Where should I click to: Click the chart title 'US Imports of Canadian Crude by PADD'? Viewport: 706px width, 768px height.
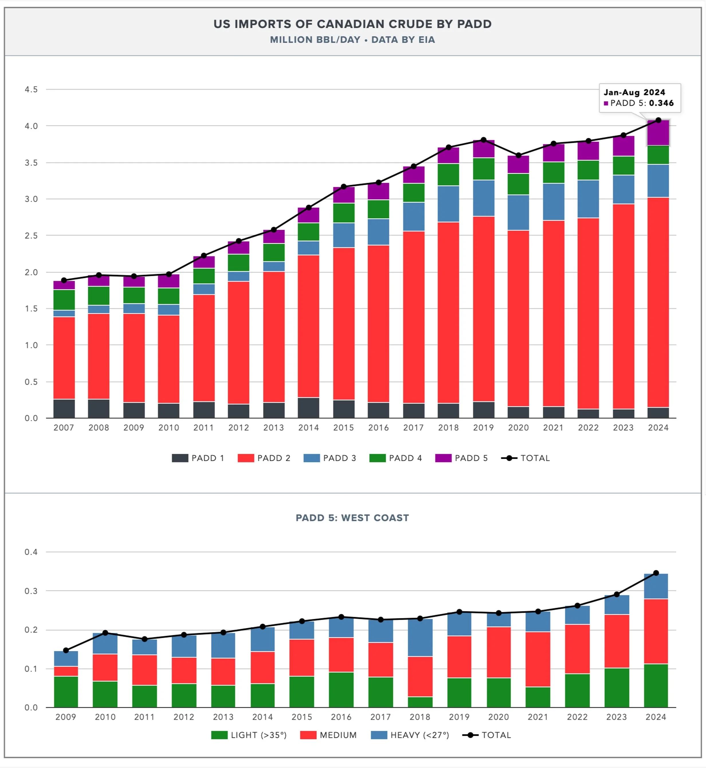352,24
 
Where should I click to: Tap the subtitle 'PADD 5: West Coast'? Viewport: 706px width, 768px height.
352,518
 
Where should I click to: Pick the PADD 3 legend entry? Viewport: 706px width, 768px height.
330,458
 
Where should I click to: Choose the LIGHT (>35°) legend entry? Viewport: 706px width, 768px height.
249,735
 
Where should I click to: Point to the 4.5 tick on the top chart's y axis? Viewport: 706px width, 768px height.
31,90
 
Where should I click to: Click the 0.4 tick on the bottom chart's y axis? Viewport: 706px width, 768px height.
31,552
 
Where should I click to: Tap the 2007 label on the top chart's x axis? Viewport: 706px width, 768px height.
64,427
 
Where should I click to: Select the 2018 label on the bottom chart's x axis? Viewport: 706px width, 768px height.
420,717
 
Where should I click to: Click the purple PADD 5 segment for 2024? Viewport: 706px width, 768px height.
658,133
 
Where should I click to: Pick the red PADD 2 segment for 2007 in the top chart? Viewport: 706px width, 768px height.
64,358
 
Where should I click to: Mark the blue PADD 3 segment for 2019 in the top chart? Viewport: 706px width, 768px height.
483,198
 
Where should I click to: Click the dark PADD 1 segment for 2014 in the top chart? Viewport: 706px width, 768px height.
308,408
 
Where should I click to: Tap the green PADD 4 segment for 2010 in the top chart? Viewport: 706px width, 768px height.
168,296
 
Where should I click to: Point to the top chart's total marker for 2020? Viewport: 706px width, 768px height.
518,155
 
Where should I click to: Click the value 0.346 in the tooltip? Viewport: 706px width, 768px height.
661,103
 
